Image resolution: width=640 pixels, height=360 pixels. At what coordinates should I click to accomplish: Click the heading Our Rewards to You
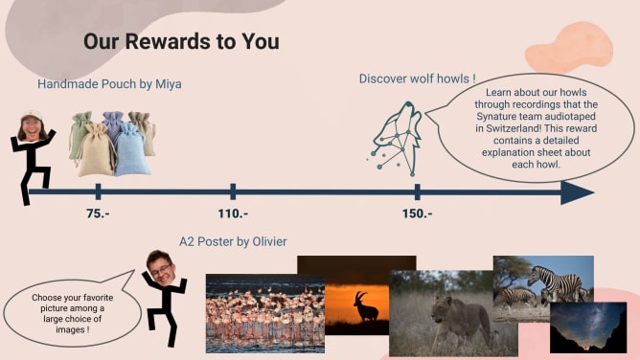(182, 41)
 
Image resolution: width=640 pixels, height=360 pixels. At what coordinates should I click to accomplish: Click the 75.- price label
(98, 214)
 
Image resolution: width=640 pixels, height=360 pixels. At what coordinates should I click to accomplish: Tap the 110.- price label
(233, 214)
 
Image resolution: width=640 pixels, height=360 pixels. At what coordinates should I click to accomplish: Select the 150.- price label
(417, 214)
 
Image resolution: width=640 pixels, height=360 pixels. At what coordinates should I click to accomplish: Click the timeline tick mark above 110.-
(233, 191)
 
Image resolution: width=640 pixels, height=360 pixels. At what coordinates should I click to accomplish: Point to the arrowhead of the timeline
(577, 192)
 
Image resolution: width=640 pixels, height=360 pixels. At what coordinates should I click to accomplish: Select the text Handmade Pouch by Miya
(109, 84)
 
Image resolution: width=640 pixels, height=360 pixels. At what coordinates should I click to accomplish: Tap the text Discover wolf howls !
(417, 79)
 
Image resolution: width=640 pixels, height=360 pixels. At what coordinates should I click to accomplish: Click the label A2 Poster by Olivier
(233, 242)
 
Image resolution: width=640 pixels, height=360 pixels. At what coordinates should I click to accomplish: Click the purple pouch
(113, 123)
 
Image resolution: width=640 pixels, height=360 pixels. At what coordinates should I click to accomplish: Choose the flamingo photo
(265, 313)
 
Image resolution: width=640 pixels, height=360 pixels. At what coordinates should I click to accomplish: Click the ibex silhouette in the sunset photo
(366, 306)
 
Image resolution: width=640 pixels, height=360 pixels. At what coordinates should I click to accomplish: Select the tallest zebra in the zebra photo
(556, 282)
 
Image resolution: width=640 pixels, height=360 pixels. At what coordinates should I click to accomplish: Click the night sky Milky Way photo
(588, 327)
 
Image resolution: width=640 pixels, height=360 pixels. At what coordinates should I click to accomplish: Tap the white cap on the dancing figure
(32, 115)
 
